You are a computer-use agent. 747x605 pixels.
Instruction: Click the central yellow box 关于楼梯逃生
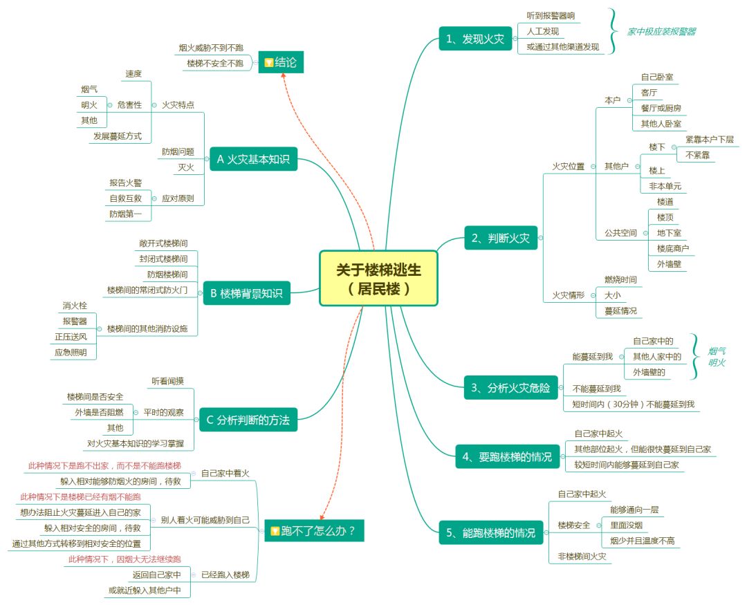[378, 278]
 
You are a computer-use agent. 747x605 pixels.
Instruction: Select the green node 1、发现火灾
[475, 39]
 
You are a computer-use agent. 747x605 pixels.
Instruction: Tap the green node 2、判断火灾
[500, 239]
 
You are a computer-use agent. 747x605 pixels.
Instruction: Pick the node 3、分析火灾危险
[510, 388]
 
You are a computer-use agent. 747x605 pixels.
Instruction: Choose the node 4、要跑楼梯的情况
[508, 456]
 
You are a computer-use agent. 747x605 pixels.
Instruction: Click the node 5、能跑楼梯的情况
[490, 532]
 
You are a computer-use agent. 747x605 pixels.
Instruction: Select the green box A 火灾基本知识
[252, 160]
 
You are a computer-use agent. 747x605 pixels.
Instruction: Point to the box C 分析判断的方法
[248, 419]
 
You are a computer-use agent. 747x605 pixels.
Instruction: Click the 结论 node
[280, 62]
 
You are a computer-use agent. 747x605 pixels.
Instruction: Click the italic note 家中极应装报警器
[661, 31]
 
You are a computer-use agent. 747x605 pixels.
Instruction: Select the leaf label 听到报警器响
[551, 15]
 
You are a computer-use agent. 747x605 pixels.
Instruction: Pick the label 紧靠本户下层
[709, 139]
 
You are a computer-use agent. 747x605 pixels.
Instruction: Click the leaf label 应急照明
[71, 352]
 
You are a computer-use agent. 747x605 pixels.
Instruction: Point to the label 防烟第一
[125, 214]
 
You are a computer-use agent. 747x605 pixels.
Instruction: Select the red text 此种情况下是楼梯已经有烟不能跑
[82, 497]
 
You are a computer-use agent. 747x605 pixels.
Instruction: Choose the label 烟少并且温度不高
[642, 541]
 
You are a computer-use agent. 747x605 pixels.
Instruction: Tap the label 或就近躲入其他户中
[144, 590]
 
